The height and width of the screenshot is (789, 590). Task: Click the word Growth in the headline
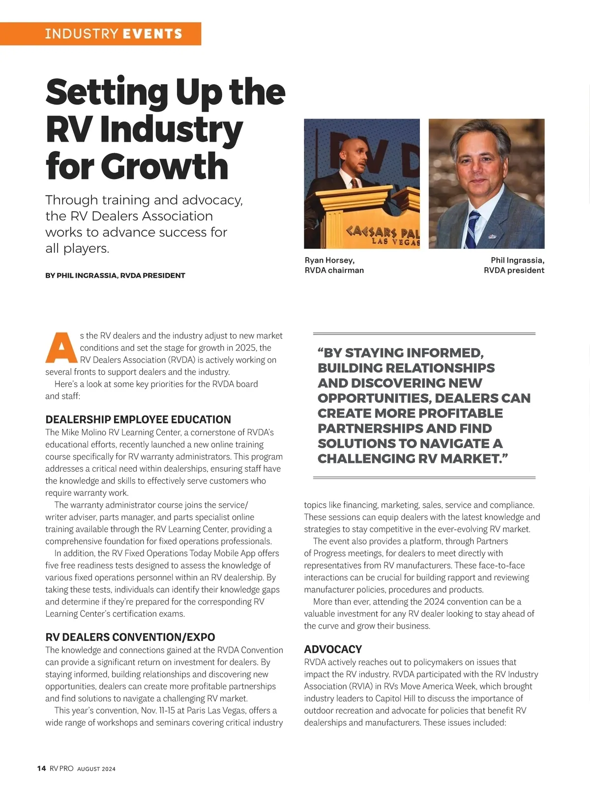165,166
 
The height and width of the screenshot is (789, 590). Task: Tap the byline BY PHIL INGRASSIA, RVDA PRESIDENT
115,275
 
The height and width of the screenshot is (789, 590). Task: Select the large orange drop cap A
61,347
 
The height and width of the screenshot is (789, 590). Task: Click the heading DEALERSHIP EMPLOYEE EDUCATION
138,420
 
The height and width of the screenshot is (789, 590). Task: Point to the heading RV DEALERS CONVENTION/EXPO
130,637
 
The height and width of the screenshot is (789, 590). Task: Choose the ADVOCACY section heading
333,649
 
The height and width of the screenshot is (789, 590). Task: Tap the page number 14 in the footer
42,768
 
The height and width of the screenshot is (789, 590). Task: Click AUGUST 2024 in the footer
96,769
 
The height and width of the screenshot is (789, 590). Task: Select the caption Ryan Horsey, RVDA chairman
334,265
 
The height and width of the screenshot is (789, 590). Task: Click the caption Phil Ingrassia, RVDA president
514,265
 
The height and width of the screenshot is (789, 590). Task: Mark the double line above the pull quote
424,334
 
